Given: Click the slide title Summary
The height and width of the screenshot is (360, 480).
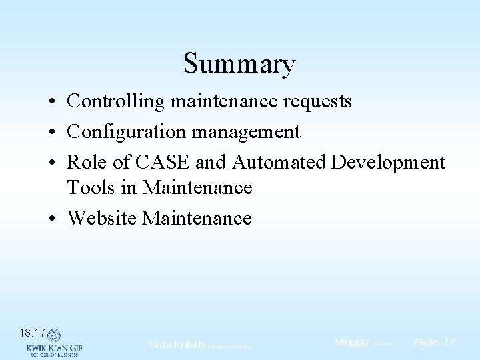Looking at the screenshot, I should [x=239, y=64].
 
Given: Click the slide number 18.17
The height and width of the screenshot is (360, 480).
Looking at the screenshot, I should [x=33, y=332].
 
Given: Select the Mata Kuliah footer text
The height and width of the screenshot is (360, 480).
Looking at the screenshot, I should [x=199, y=345].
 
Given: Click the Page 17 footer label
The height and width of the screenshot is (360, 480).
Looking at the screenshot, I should [x=434, y=342].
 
